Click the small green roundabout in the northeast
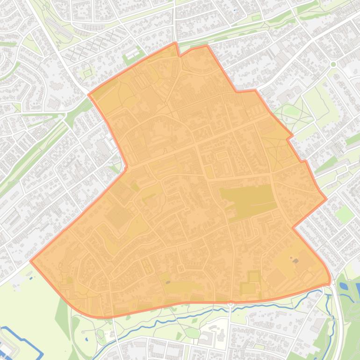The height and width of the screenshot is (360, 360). point(333,64)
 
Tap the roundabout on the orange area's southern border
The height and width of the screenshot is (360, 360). point(230,304)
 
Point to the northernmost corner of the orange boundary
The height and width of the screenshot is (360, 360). point(176,43)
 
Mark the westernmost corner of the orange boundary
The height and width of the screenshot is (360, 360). point(31,261)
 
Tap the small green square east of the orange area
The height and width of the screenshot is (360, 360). point(345,214)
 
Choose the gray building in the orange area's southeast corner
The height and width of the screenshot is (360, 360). point(295,260)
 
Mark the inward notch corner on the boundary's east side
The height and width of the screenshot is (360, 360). point(293,228)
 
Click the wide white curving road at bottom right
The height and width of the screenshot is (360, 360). point(338,318)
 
